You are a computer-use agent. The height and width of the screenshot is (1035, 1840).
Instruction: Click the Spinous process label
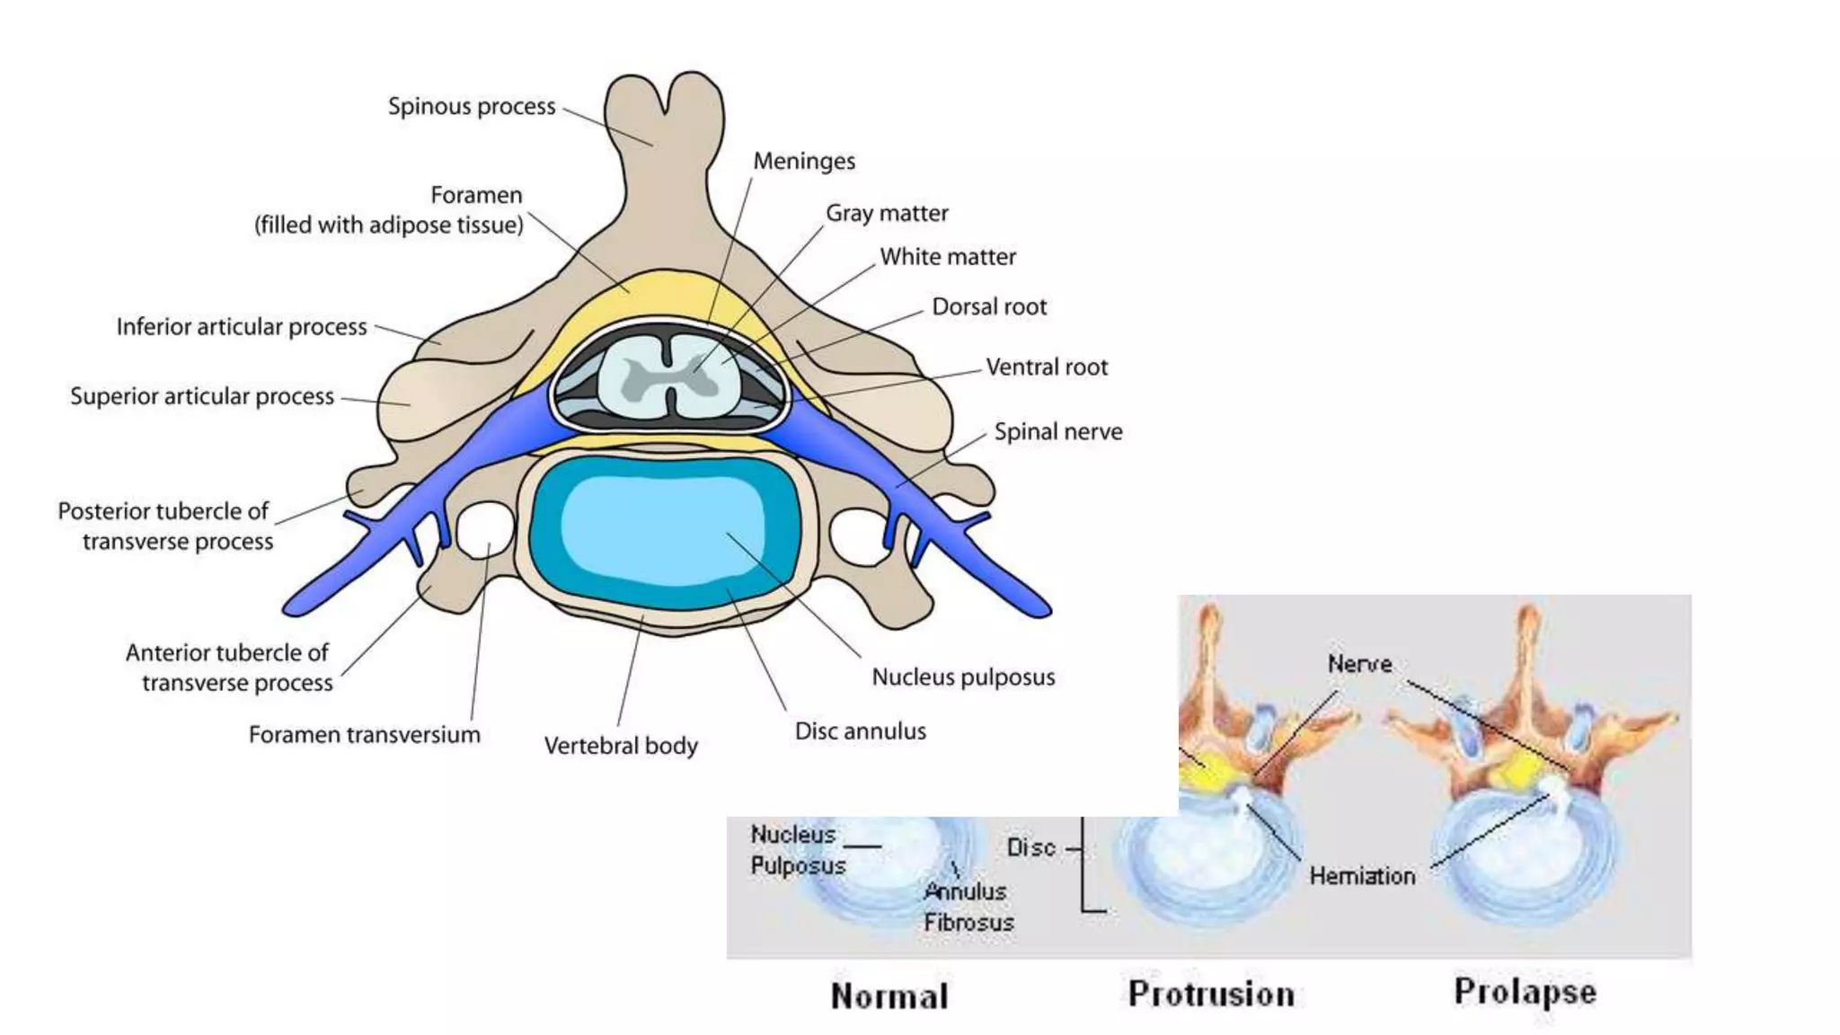tap(472, 106)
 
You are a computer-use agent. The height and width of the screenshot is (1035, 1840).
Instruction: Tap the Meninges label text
tap(804, 162)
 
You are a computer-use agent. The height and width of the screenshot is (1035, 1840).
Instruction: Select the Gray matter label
tap(887, 214)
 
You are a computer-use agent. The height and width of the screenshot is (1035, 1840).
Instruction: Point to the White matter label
tap(948, 257)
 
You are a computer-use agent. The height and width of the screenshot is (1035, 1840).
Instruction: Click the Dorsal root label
tap(989, 307)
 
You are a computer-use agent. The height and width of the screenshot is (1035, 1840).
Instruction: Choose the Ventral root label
tap(1047, 367)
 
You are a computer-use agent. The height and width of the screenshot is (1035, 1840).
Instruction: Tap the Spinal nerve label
tap(1057, 432)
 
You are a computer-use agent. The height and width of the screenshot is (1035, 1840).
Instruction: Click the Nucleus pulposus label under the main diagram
tap(963, 677)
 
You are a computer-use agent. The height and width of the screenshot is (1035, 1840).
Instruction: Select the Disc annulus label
tap(860, 731)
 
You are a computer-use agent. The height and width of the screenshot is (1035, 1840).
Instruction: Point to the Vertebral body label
tap(621, 746)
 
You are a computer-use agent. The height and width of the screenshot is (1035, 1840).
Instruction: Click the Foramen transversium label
tap(364, 735)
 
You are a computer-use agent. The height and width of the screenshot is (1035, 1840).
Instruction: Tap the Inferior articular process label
tap(242, 327)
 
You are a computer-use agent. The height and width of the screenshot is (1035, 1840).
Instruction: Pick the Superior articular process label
tap(202, 396)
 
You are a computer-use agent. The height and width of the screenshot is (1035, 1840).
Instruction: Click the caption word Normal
tap(889, 996)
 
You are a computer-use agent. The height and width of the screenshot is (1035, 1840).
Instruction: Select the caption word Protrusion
tap(1211, 994)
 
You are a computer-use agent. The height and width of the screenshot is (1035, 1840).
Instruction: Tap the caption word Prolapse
tap(1525, 992)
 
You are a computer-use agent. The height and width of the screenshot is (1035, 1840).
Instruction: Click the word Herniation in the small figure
tap(1362, 876)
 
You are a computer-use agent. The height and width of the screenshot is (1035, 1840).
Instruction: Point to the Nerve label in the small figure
tap(1359, 664)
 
